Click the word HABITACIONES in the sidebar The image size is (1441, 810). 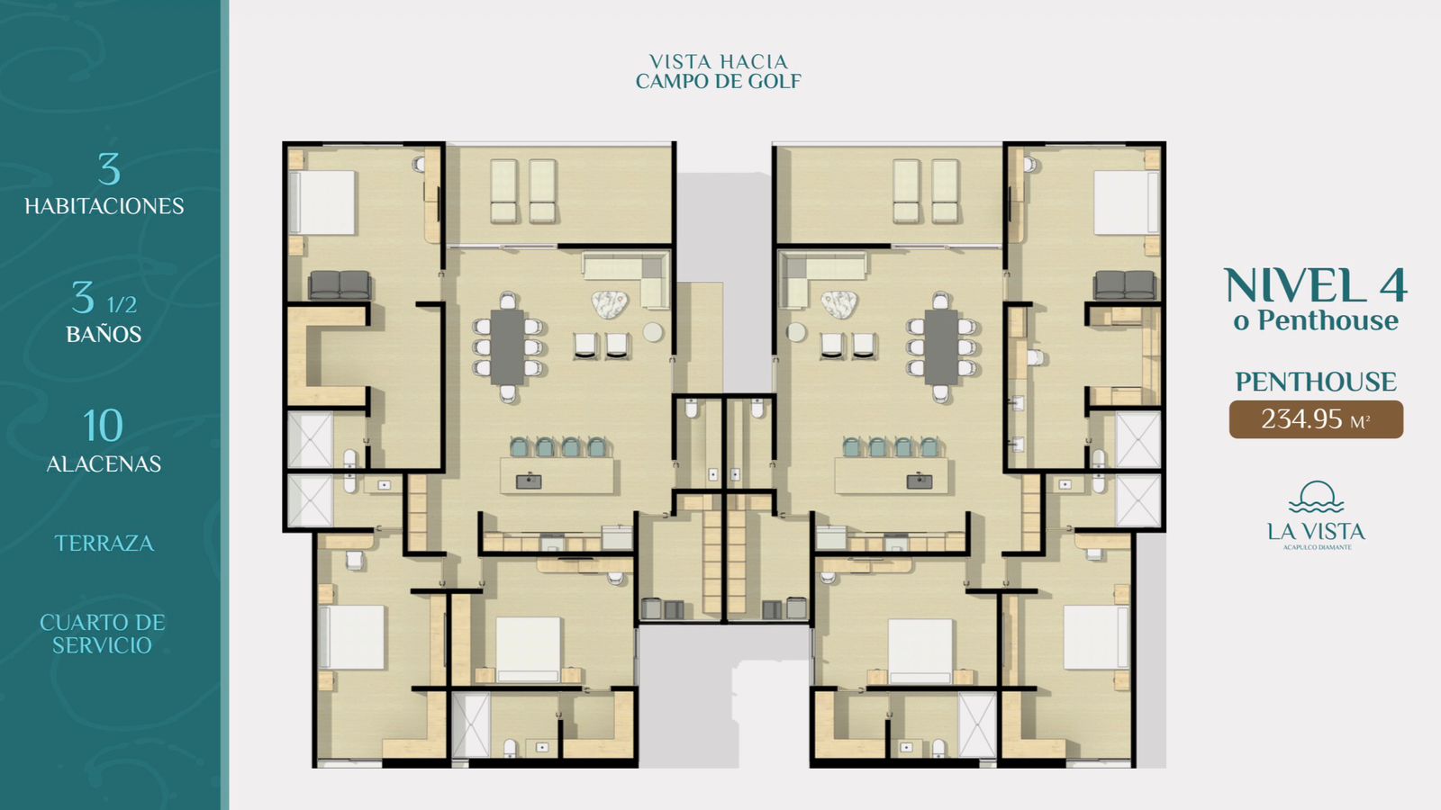click(104, 206)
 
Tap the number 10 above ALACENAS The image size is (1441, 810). click(103, 426)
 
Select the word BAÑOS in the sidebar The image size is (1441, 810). click(104, 334)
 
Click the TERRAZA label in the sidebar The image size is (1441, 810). click(104, 544)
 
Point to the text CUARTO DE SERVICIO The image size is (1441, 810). click(103, 634)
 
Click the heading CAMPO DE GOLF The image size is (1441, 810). click(719, 82)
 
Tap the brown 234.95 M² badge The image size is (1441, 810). click(1316, 419)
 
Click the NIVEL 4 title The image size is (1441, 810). click(1316, 285)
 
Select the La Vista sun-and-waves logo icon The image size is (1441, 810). click(1316, 496)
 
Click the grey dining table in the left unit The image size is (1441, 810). click(508, 346)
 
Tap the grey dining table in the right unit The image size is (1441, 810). click(941, 346)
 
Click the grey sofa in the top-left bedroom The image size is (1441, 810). click(340, 284)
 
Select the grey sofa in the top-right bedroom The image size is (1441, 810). click(1125, 284)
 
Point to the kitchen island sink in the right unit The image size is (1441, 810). click(920, 481)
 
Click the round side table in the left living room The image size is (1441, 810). click(653, 332)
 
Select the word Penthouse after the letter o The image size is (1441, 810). click(1328, 320)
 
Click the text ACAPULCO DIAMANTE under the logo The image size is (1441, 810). click(1317, 548)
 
